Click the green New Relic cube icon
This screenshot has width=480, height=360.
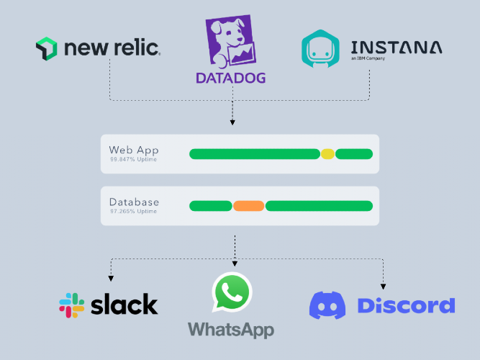(x=47, y=48)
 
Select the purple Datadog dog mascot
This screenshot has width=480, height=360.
(x=230, y=41)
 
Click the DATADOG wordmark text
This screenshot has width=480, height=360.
(x=230, y=78)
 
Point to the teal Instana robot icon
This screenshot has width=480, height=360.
(x=320, y=48)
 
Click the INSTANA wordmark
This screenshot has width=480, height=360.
(x=397, y=48)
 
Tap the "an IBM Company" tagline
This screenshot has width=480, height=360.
(x=368, y=58)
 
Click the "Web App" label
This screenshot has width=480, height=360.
(x=134, y=150)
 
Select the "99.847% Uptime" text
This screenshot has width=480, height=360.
(x=133, y=159)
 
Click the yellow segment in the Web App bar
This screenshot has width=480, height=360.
(x=327, y=154)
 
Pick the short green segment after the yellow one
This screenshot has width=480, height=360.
(x=354, y=154)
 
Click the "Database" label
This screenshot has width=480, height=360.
(x=134, y=202)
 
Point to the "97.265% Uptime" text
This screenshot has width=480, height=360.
(x=133, y=212)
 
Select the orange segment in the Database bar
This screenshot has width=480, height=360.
(x=248, y=206)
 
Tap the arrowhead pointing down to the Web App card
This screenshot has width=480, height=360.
(x=232, y=122)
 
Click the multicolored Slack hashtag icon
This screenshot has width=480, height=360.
(x=72, y=305)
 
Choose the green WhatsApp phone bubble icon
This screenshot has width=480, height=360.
(x=232, y=292)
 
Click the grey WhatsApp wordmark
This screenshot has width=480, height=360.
(x=231, y=330)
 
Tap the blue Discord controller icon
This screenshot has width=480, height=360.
(x=327, y=305)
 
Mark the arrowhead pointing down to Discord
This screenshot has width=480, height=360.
(x=383, y=287)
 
